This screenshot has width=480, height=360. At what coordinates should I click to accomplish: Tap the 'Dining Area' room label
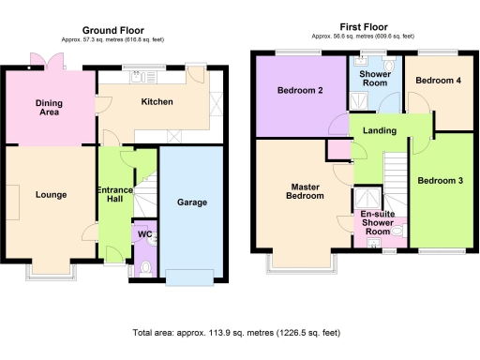(x=49, y=108)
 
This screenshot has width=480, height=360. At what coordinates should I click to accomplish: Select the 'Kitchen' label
(x=157, y=101)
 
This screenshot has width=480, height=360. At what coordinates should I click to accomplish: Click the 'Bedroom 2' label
(x=300, y=92)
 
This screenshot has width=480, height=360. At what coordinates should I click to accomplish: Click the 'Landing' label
(x=379, y=130)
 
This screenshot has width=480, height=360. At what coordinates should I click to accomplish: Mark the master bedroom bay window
(x=299, y=262)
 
